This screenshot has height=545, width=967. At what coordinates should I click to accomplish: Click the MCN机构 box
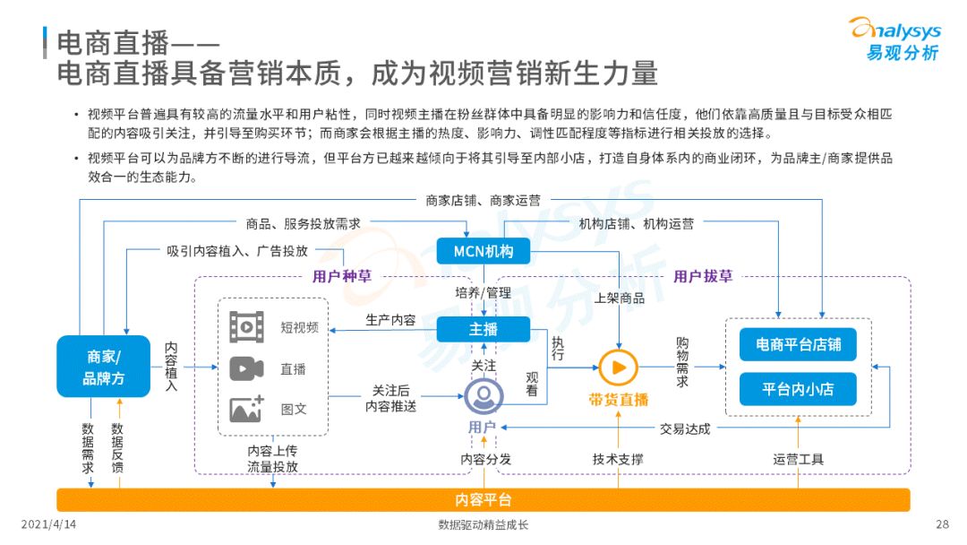pyautogui.click(x=483, y=251)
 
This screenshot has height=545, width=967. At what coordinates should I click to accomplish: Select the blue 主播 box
pyautogui.click(x=483, y=329)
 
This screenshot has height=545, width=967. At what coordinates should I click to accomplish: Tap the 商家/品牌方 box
pyautogui.click(x=104, y=366)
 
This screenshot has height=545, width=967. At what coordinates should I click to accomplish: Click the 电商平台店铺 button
pyautogui.click(x=798, y=344)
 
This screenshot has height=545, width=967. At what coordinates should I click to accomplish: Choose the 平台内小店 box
pyautogui.click(x=798, y=389)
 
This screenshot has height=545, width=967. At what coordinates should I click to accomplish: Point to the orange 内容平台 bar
pyautogui.click(x=483, y=499)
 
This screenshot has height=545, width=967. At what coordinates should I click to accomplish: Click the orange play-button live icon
pyautogui.click(x=618, y=368)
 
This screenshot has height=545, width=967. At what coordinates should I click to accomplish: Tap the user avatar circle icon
pyautogui.click(x=483, y=395)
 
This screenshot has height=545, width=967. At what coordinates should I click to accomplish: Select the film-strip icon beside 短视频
pyautogui.click(x=247, y=327)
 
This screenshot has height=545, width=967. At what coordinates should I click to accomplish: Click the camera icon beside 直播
pyautogui.click(x=247, y=369)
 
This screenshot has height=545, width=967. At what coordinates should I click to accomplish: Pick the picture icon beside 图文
pyautogui.click(x=247, y=409)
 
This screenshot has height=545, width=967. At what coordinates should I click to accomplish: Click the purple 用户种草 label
pyautogui.click(x=342, y=276)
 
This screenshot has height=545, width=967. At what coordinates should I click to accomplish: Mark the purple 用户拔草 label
pyautogui.click(x=703, y=276)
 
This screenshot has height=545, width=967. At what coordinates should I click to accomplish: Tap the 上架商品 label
pyautogui.click(x=620, y=298)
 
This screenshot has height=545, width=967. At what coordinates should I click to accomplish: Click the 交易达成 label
pyautogui.click(x=685, y=429)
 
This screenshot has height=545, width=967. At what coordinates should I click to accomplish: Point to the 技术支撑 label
pyautogui.click(x=618, y=459)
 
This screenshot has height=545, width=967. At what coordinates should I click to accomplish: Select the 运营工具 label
pyautogui.click(x=798, y=459)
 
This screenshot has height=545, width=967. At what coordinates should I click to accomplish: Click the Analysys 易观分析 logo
pyautogui.click(x=895, y=39)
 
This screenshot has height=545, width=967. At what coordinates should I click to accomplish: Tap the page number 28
pyautogui.click(x=942, y=524)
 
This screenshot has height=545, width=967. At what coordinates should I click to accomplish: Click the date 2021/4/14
pyautogui.click(x=48, y=524)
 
